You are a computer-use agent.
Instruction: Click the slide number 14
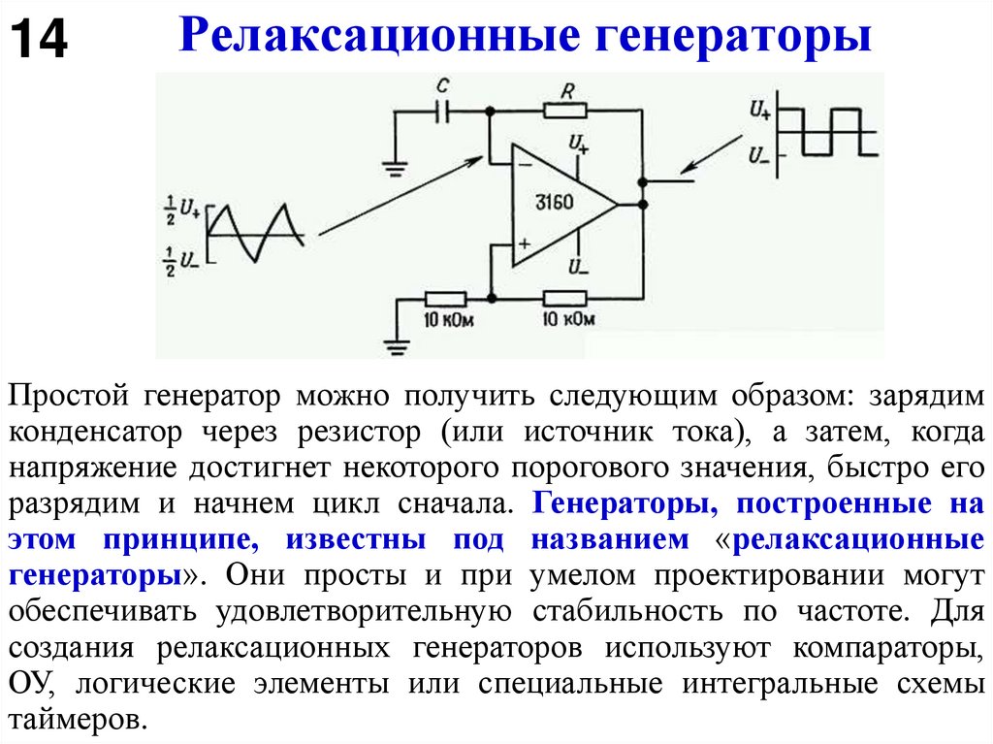click(x=39, y=41)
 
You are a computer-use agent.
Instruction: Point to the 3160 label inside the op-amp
click(x=555, y=203)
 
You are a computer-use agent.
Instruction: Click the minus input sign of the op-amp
click(x=524, y=165)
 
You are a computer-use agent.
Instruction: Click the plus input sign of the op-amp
click(x=523, y=244)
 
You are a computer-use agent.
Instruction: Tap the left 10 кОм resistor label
click(x=447, y=318)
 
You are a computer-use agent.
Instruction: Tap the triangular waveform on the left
click(x=257, y=233)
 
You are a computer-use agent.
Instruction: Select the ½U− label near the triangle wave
click(x=183, y=262)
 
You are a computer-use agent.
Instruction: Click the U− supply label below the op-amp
click(x=579, y=266)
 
